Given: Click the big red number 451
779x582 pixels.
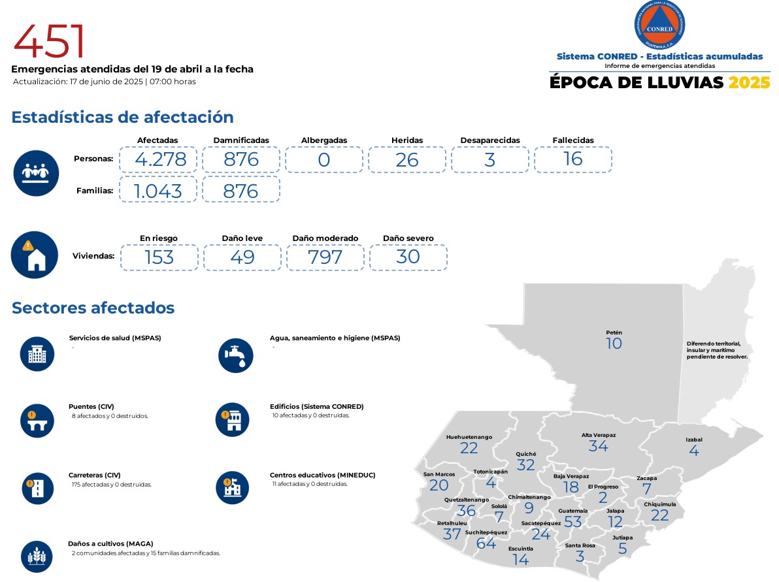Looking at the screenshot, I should tap(50, 41).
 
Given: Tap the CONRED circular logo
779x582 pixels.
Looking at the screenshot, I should tap(659, 25).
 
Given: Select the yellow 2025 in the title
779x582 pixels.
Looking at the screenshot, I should tap(749, 83).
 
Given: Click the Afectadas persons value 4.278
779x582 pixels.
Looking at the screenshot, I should tap(157, 159).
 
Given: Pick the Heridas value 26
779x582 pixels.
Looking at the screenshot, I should tap(407, 159).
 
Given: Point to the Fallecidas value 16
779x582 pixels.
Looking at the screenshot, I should tap(572, 159).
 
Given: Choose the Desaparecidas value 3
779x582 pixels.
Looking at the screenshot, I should tap(490, 159).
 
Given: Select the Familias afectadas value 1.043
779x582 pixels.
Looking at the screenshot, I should tap(157, 190).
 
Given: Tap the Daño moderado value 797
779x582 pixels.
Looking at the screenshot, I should tap(325, 257).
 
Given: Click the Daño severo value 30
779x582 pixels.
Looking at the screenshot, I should tap(408, 257).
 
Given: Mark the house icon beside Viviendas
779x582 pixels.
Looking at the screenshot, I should tap(35, 255).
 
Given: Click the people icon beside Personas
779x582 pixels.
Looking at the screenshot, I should tap(36, 173).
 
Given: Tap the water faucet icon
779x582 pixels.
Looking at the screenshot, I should tap(235, 355).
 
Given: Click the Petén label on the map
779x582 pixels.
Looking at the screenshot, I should tap(614, 332).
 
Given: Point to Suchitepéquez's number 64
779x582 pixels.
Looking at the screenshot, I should tap(486, 543).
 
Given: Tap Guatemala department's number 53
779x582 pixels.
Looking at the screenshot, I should tap(572, 522).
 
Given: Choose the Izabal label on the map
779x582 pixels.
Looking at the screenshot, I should tap(694, 440).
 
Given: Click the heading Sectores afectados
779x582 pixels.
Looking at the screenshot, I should tap(93, 308).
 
